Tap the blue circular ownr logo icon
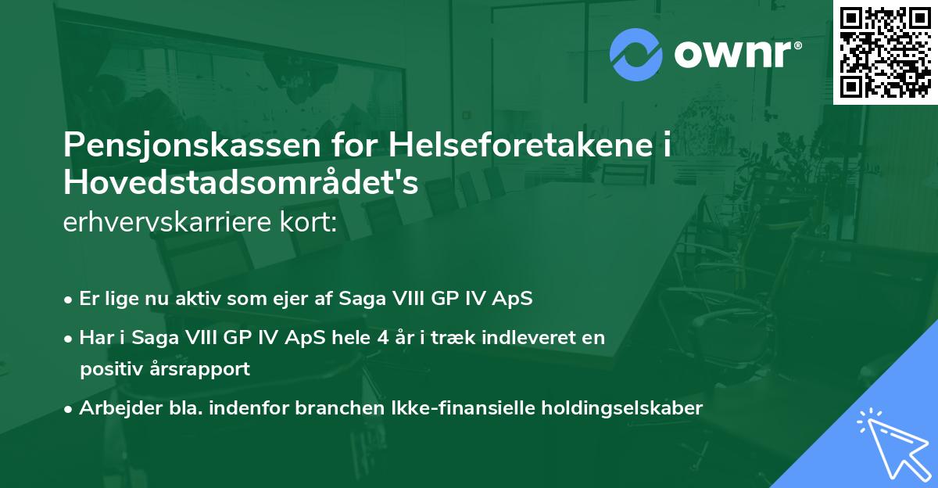(635, 54)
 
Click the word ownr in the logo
(736, 55)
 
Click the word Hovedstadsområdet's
(241, 184)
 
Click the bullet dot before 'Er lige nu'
(69, 299)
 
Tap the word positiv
(110, 369)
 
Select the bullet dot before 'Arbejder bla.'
(69, 408)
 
